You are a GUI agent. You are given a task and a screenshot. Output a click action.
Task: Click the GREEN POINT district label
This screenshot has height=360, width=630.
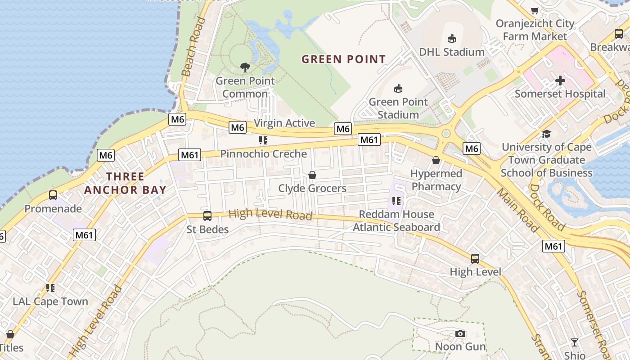point(343,59)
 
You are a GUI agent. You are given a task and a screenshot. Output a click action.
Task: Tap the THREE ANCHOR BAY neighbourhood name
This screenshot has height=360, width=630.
point(125,183)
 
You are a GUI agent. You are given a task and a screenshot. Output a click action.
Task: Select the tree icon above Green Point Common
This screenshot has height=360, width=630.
point(245,67)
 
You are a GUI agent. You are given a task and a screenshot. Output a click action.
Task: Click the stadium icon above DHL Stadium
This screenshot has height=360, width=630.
point(452,39)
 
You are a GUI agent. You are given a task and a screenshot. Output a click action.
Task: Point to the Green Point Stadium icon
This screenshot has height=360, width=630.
point(398,88)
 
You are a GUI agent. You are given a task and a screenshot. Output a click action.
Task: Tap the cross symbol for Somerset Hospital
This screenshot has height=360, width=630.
point(560,81)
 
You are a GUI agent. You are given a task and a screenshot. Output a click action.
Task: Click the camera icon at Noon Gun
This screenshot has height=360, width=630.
point(460,333)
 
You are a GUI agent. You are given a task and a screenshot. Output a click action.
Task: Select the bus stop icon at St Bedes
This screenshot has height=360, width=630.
point(207,216)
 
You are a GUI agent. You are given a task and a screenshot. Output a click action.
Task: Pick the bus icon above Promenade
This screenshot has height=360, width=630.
point(53,195)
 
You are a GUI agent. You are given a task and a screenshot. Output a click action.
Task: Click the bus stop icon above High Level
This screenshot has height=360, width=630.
point(475,259)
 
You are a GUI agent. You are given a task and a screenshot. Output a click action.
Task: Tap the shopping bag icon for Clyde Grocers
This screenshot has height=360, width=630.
point(312,175)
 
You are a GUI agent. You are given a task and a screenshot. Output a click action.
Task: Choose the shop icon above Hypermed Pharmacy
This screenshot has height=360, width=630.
point(436,160)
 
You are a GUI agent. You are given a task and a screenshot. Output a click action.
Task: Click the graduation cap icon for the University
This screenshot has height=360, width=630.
point(546,134)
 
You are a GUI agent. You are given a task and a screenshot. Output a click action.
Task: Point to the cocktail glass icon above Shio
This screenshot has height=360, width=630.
point(574,342)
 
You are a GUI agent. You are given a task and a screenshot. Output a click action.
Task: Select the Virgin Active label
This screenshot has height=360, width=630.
point(284,123)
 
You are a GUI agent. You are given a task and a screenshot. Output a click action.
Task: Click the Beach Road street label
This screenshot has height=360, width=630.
point(191,47)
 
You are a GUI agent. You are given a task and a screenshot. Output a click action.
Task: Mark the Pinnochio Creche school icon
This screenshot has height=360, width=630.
point(263,140)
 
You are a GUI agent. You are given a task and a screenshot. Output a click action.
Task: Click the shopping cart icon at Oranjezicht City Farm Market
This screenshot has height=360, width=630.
point(535,10)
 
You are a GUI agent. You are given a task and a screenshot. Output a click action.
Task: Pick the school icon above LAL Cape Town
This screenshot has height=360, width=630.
point(50,288)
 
